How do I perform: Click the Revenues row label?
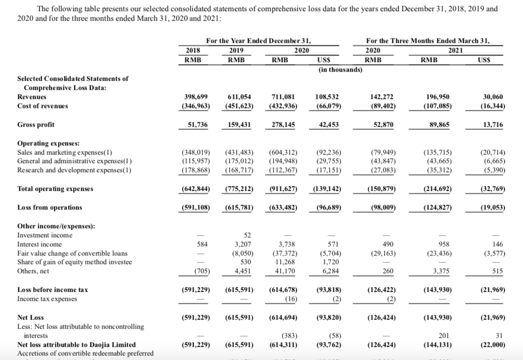(32, 96)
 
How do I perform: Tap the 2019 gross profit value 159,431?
(239, 124)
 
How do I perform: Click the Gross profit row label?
(36, 124)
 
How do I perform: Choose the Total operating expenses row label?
(56, 189)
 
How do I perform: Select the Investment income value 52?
(247, 235)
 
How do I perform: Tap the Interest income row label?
(40, 244)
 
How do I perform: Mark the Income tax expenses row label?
(47, 299)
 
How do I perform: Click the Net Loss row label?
(31, 318)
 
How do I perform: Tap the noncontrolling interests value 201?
(435, 336)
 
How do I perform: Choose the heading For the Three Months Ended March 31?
(429, 40)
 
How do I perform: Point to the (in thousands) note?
(341, 69)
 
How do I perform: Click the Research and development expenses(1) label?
(75, 170)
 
